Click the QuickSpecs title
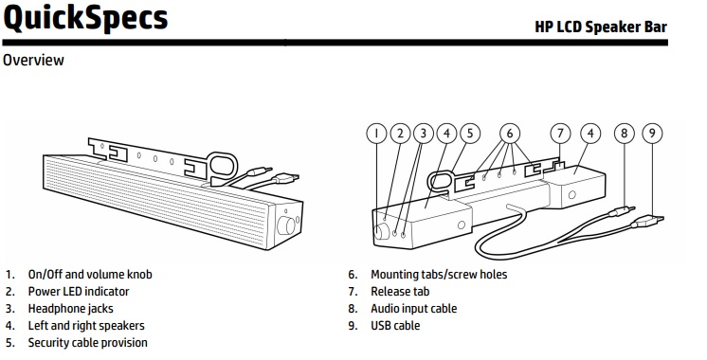click(85, 18)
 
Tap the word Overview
click(33, 60)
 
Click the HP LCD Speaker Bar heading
click(601, 27)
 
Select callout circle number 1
click(377, 134)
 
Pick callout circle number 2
click(400, 134)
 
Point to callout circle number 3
click(424, 134)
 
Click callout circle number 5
click(470, 134)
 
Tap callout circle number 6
click(510, 134)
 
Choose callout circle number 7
click(560, 134)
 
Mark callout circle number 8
click(624, 134)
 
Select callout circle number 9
click(652, 134)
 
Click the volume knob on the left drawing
click(286, 225)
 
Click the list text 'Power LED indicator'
click(79, 292)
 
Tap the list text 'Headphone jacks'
click(71, 309)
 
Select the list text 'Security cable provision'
click(88, 343)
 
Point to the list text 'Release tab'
click(400, 292)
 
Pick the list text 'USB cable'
click(395, 326)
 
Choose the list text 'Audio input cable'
click(414, 309)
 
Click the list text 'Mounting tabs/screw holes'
click(439, 275)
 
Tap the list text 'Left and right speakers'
click(86, 326)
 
